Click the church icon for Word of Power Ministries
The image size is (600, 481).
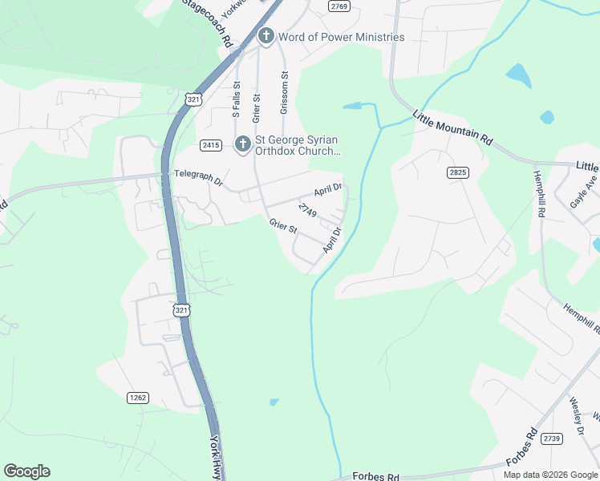click(266, 37)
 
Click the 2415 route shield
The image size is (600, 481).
click(211, 145)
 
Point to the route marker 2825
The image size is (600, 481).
click(457, 172)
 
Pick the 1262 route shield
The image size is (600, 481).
click(138, 397)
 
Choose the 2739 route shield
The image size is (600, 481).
click(551, 438)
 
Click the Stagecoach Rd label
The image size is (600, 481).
click(206, 22)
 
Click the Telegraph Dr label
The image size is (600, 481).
click(198, 178)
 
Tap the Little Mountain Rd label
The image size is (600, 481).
click(452, 127)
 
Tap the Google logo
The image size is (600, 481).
click(26, 471)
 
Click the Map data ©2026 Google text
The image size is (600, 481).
click(551, 475)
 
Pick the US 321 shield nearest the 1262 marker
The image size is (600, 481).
click(183, 309)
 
